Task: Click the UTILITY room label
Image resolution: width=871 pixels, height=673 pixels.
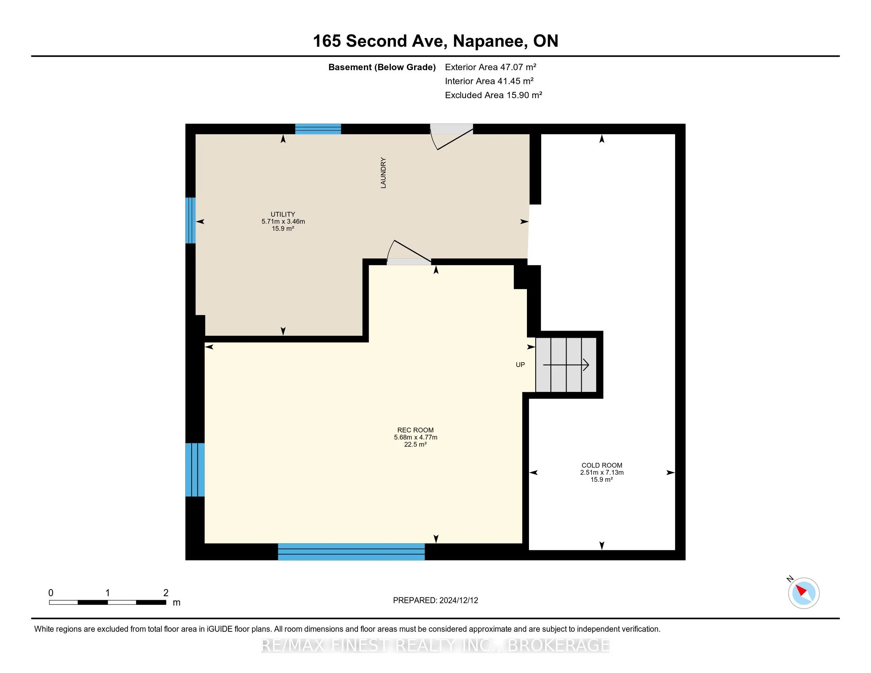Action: [x=283, y=214]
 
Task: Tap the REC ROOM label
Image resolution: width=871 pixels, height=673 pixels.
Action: [x=415, y=430]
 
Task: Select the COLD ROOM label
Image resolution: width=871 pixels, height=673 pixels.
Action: [x=602, y=465]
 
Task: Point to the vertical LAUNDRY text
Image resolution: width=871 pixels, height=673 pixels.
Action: [x=383, y=173]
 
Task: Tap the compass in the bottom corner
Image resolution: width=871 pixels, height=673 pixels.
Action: [x=804, y=593]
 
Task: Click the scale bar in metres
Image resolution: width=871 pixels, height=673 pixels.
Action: [x=108, y=603]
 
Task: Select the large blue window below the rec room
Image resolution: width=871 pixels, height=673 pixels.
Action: [x=351, y=552]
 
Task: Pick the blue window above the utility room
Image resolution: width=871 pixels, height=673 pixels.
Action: [x=318, y=129]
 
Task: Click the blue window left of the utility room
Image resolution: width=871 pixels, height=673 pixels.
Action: [x=191, y=221]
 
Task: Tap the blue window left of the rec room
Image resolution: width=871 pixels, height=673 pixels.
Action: [x=195, y=470]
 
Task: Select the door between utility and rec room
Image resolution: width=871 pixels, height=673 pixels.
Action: [x=409, y=253]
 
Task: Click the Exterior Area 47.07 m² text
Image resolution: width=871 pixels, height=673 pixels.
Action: [x=491, y=67]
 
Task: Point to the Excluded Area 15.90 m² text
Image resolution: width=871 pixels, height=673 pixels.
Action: [x=493, y=95]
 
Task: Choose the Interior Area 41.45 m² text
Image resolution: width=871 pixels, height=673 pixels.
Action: [x=489, y=81]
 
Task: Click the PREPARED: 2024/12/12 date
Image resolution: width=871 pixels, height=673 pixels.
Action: [x=435, y=601]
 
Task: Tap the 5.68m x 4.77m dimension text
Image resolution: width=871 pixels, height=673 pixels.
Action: [x=416, y=437]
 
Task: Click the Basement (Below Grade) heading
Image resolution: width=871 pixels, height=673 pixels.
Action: [x=382, y=67]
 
